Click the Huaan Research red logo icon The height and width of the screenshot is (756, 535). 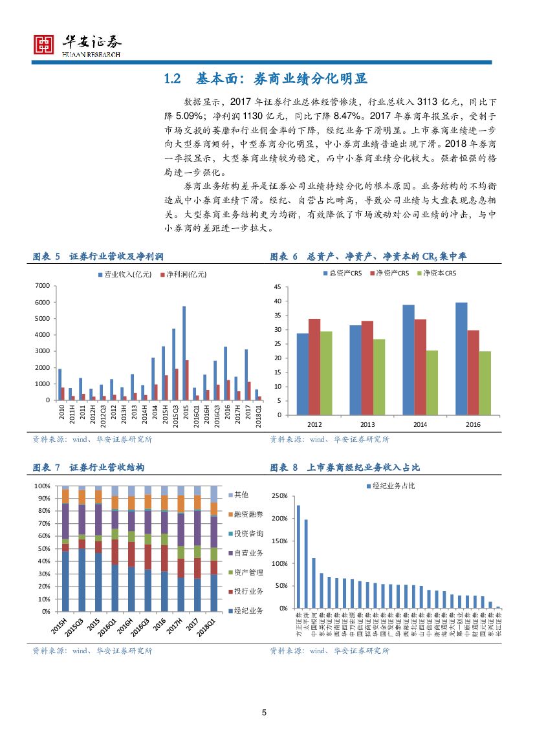44,44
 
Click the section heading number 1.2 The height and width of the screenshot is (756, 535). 171,80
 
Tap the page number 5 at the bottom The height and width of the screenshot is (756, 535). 264,713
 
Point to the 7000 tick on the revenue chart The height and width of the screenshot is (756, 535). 42,285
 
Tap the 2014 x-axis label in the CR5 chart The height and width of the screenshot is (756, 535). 408,424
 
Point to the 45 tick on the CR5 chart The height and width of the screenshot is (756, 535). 277,287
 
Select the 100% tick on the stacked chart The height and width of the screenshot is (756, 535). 42,486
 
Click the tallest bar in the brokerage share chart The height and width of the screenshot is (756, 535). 298,556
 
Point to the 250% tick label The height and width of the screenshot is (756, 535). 279,496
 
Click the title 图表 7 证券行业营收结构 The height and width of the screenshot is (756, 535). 89,468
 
